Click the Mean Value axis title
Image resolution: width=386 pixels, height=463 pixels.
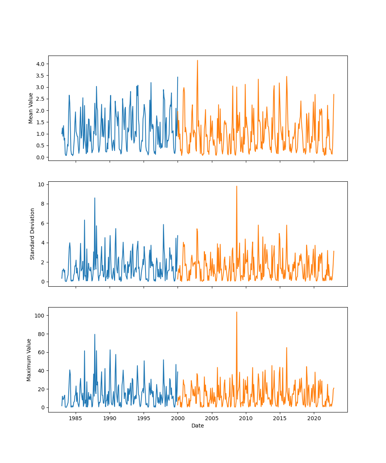[31, 108]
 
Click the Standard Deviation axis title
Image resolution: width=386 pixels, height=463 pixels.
[32, 234]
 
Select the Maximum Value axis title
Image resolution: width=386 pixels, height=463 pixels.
[29, 360]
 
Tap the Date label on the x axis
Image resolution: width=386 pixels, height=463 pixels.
[198, 426]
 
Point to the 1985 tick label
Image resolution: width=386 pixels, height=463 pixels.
[76, 418]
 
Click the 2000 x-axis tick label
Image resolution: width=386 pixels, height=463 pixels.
[178, 418]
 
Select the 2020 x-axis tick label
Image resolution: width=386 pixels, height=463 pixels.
[314, 418]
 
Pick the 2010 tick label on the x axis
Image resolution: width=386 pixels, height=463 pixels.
[246, 418]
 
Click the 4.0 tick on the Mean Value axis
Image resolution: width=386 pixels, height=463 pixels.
[40, 64]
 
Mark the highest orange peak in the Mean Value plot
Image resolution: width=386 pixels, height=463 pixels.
[197, 60]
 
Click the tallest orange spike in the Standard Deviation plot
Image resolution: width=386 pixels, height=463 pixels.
[237, 186]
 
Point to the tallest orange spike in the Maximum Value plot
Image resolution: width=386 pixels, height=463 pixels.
[237, 312]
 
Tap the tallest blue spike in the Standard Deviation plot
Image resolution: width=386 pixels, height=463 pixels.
[95, 198]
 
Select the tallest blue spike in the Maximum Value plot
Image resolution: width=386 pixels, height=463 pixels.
[95, 335]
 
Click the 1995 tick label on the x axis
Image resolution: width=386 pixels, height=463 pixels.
[144, 418]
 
